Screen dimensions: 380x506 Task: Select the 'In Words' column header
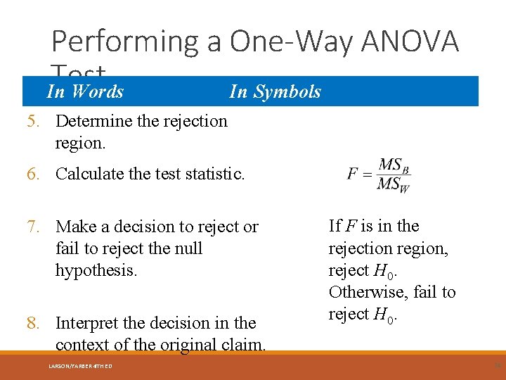pyautogui.click(x=84, y=91)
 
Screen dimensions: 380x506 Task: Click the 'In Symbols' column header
pyautogui.click(x=275, y=91)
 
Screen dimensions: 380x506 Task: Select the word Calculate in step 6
pyautogui.click(x=89, y=174)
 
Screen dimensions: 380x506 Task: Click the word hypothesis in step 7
pyautogui.click(x=96, y=270)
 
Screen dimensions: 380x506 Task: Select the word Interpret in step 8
pyautogui.click(x=86, y=323)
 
